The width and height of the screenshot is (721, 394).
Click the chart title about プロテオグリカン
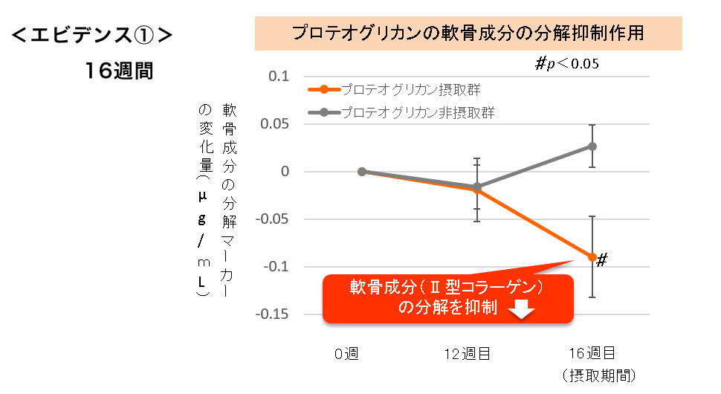[468, 33]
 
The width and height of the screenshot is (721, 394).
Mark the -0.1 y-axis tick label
[272, 266]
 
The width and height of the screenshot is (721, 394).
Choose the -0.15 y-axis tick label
[269, 314]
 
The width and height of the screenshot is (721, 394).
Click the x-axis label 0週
[346, 353]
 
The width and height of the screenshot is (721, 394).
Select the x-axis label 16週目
[591, 353]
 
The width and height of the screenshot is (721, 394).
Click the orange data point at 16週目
[592, 257]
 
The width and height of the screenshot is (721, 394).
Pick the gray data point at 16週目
[592, 146]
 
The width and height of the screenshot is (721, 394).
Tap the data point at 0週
[362, 171]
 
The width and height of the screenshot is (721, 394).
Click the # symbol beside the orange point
[603, 259]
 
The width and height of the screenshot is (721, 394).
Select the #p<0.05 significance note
[566, 64]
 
